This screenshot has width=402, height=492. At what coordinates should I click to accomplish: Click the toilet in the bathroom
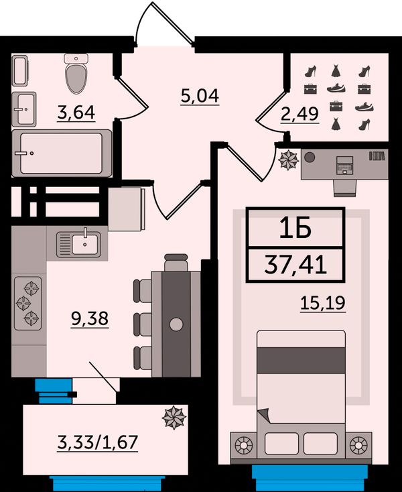pyautogui.click(x=76, y=74)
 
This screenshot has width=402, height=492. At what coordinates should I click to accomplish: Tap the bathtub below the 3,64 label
pyautogui.click(x=62, y=153)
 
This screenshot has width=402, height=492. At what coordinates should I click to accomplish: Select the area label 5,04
pyautogui.click(x=200, y=96)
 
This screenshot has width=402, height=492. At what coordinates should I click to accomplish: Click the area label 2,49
pyautogui.click(x=299, y=114)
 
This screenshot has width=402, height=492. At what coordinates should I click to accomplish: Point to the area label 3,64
pyautogui.click(x=76, y=113)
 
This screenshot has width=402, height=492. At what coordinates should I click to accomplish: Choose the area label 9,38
pyautogui.click(x=90, y=319)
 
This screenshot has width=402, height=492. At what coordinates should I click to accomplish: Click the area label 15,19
pyautogui.click(x=323, y=303)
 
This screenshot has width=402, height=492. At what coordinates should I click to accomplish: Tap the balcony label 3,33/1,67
pyautogui.click(x=98, y=442)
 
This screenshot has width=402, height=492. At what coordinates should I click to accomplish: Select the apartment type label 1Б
pyautogui.click(x=295, y=228)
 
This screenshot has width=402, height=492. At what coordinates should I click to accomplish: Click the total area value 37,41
pyautogui.click(x=295, y=265)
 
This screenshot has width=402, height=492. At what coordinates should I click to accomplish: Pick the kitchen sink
pyautogui.click(x=78, y=244)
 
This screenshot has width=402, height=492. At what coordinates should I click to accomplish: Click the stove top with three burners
pyautogui.click(x=28, y=303)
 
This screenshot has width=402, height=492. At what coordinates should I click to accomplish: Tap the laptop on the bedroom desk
pyautogui.click(x=344, y=165)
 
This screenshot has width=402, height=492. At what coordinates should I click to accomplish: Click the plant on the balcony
pyautogui.click(x=174, y=418)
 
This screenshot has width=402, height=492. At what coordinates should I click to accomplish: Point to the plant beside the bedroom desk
pyautogui.click(x=289, y=160)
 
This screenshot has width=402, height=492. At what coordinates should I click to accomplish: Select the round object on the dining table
pyautogui.click(x=176, y=324)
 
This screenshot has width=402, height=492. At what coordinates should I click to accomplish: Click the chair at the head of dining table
pyautogui.click(x=176, y=263)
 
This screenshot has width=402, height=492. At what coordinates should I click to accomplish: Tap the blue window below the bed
pyautogui.click(x=310, y=477)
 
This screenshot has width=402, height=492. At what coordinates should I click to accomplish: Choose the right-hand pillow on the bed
pyautogui.click(x=320, y=444)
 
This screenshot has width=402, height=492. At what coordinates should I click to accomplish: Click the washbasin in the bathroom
pyautogui.click(x=24, y=109)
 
